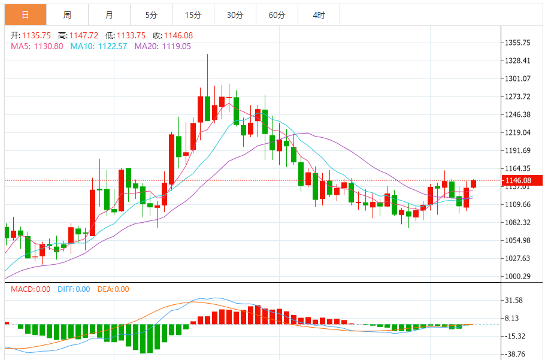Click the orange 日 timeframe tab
tap(26, 15)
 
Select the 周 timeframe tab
tap(68, 15)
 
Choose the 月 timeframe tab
tap(110, 15)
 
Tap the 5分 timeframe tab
tap(152, 15)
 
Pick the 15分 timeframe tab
tap(193, 15)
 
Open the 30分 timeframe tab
tap(235, 15)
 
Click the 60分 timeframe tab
tap(277, 15)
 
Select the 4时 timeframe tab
tap(319, 15)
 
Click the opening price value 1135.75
tap(37, 35)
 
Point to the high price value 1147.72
tap(84, 35)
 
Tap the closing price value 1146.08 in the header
tap(178, 35)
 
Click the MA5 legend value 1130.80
tap(49, 46)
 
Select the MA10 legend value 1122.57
tap(113, 46)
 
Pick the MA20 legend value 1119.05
tap(177, 46)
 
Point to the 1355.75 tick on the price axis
tap(517, 43)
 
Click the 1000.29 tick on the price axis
tap(517, 276)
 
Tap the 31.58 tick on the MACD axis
tap(514, 300)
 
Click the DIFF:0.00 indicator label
tap(74, 289)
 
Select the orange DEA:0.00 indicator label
tap(113, 289)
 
